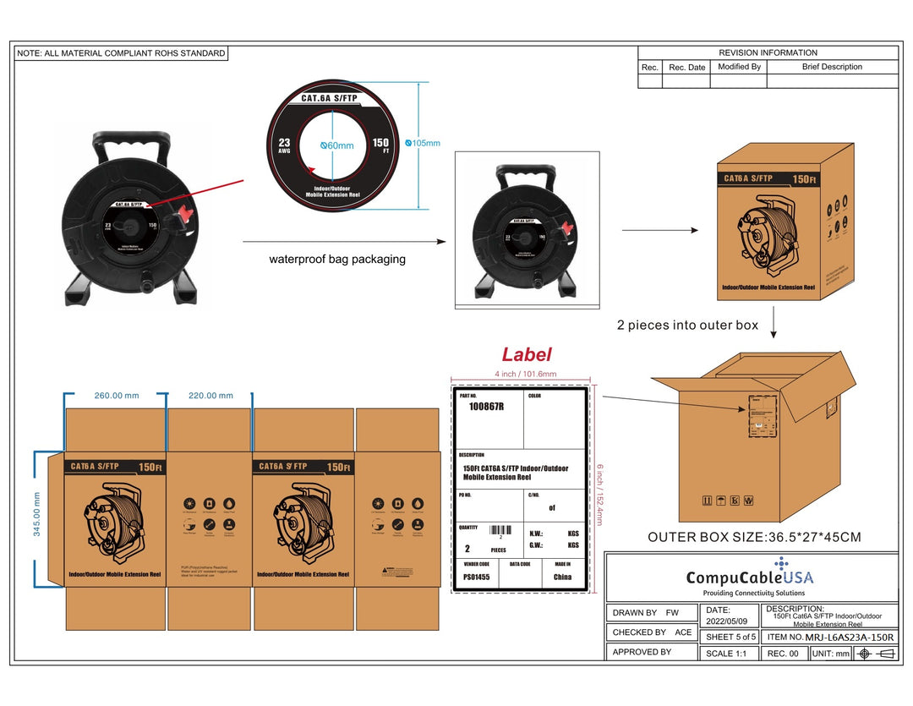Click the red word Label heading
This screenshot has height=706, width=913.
point(527,355)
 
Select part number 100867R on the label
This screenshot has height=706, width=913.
point(486,407)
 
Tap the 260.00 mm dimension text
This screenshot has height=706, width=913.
point(116,396)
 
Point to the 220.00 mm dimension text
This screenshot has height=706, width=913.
point(210,396)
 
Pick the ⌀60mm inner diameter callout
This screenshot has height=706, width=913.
point(336,145)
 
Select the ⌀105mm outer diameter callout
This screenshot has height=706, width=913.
point(423,143)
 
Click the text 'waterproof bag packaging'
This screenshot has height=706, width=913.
point(337,260)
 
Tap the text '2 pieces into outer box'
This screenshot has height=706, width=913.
point(687,325)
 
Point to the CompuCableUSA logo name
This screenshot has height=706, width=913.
point(750,578)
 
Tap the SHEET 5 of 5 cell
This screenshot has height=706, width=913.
point(730,637)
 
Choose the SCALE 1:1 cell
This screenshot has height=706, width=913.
point(726,654)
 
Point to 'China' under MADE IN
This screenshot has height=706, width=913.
point(562,577)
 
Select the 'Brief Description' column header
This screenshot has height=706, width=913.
point(832,67)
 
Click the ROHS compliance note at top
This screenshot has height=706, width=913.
point(121,53)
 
